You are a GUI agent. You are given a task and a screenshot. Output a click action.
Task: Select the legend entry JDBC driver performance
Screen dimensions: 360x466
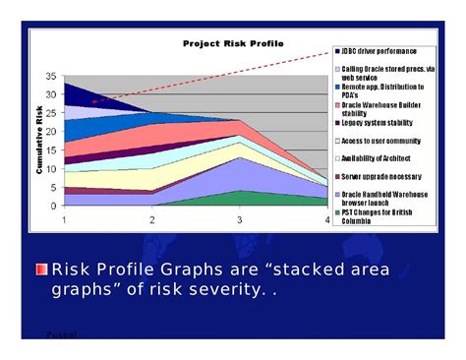(379, 50)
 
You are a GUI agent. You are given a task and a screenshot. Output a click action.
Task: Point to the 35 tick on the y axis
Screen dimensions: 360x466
(51, 76)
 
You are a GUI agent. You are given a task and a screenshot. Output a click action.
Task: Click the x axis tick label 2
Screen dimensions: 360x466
(152, 220)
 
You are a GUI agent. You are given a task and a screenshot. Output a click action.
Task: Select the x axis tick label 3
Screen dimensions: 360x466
(239, 220)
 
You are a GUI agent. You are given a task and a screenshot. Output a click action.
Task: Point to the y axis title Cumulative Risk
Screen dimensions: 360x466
(38, 142)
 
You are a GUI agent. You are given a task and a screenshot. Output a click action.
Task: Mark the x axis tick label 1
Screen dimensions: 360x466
(65, 220)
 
